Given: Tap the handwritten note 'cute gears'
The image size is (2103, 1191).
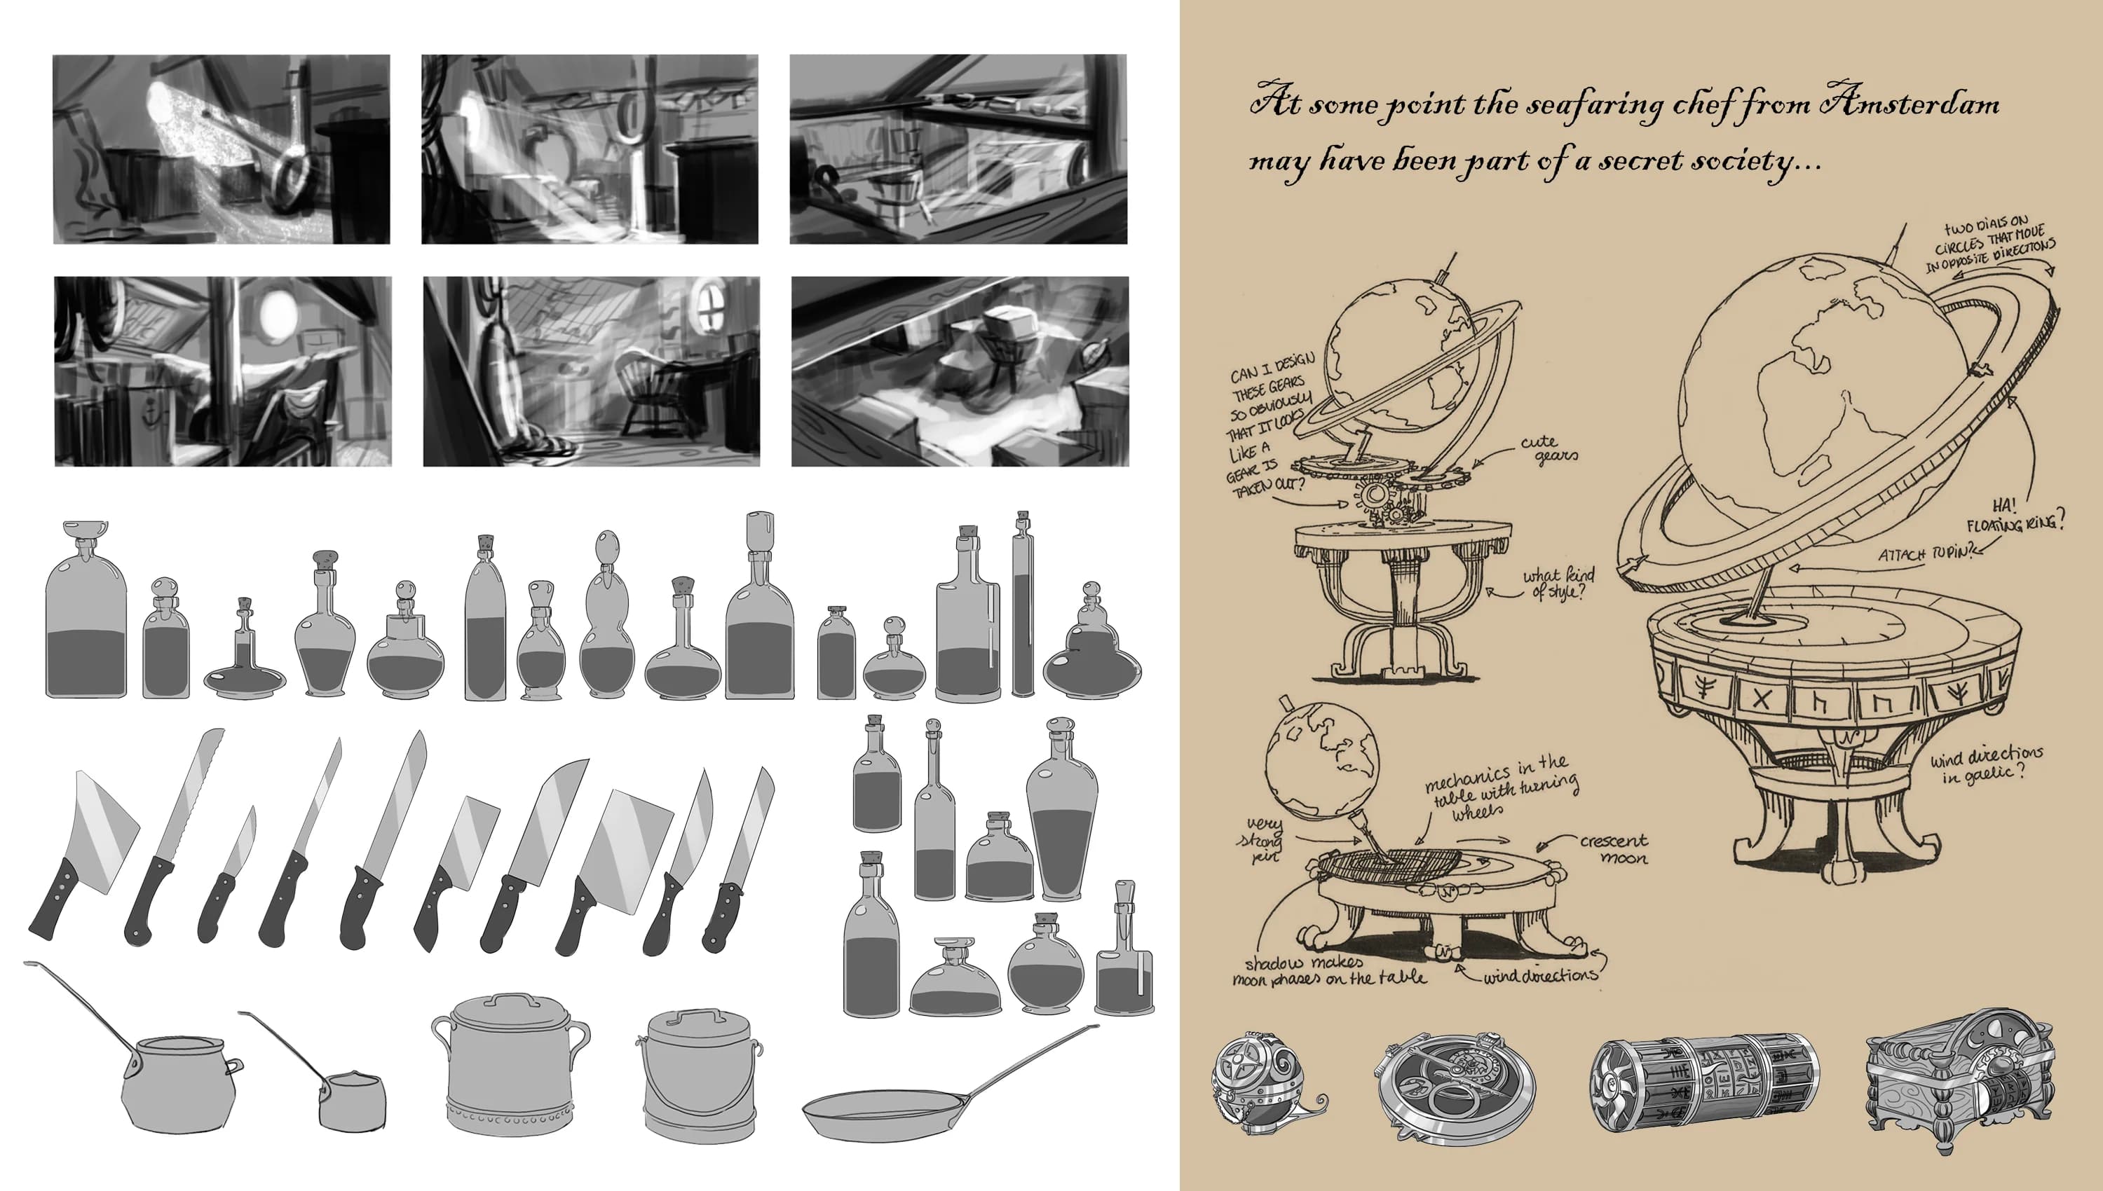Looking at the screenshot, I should pos(1549,450).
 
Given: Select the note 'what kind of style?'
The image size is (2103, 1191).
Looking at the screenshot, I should pos(1557,583).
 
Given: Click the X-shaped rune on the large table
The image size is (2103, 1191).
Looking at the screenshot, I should pos(1760,699).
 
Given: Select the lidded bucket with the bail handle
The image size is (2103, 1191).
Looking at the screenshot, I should pos(698,1075).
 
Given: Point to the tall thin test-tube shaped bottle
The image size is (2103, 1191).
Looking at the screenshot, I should pos(1023,605).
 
